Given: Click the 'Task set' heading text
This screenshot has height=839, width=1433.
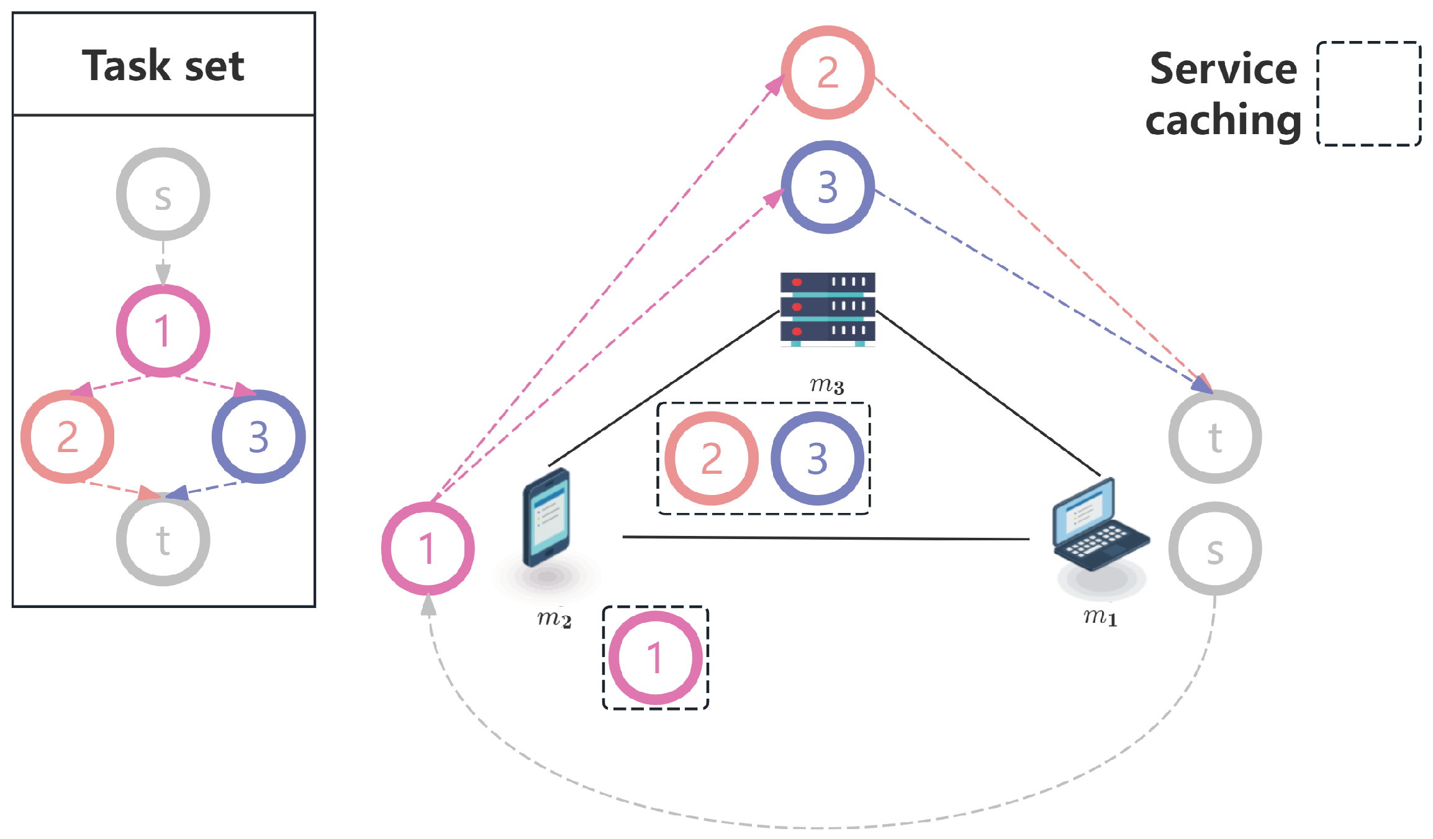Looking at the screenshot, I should point(163,65).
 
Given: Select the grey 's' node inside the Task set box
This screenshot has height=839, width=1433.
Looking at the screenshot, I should point(163,194).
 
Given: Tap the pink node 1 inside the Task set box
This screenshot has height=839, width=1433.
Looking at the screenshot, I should point(163,330).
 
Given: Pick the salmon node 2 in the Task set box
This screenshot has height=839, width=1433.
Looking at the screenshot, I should point(67,437).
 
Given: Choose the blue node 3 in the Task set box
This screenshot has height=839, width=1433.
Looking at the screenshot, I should point(258,437).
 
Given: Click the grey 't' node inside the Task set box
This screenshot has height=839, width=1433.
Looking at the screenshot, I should point(163,540).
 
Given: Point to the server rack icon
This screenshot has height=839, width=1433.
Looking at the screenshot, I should point(828,308).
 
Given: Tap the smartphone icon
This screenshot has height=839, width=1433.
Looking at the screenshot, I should point(546,517).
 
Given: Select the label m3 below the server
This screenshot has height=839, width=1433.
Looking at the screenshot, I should point(826,385).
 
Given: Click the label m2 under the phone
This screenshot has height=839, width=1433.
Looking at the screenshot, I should point(554,618).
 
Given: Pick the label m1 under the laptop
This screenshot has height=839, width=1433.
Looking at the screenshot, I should point(1100,617).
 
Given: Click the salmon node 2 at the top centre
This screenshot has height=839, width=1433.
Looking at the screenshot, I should point(828,72).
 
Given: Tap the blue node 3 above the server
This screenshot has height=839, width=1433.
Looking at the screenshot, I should point(828,187).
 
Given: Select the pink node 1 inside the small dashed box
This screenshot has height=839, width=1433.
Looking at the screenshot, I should point(655,658).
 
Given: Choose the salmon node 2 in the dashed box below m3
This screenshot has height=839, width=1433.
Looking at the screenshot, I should point(712,458).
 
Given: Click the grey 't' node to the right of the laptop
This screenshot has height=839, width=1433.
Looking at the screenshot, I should point(1215,437).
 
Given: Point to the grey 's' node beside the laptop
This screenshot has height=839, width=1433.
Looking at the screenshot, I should point(1215,549).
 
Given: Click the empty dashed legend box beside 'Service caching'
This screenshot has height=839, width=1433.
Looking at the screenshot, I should point(1368,94).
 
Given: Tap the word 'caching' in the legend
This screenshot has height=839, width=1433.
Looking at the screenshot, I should point(1223,119).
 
